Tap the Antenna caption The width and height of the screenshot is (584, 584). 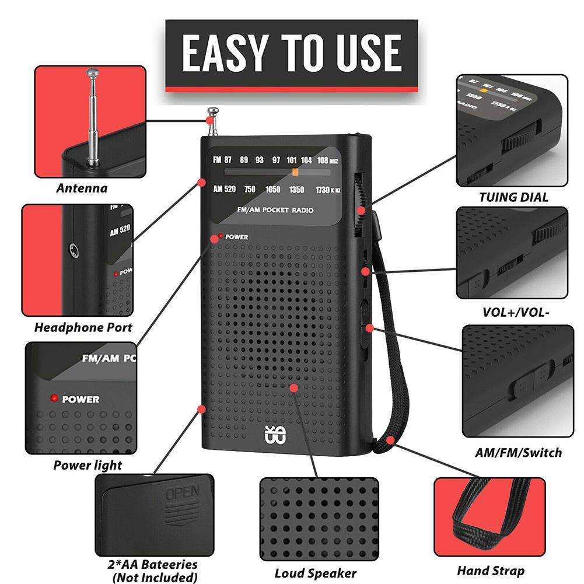click(82, 188)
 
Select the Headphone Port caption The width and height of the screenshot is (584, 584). click(83, 327)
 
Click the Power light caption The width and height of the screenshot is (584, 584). click(88, 465)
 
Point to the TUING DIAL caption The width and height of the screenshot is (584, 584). click(513, 197)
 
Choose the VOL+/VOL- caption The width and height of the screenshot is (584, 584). click(516, 312)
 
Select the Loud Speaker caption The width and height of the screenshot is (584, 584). click(316, 573)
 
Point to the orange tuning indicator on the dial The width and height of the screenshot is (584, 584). click(296, 172)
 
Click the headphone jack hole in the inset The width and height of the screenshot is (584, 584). click(72, 250)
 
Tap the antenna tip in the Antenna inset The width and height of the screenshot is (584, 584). click(92, 74)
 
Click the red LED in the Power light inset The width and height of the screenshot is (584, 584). click(54, 399)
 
